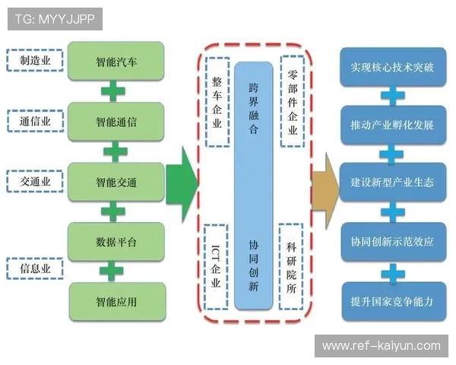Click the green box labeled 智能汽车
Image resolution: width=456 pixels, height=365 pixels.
click(116, 59)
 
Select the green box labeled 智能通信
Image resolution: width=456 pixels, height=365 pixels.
click(116, 121)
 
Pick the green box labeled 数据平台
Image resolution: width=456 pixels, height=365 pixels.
click(116, 242)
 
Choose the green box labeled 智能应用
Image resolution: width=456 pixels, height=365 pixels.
click(116, 301)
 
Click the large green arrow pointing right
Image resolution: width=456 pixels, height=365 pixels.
click(181, 182)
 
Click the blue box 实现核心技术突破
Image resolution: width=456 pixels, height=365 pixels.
click(391, 67)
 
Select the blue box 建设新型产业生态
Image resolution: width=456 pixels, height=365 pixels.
click(391, 182)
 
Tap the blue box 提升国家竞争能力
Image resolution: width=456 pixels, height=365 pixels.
click(391, 301)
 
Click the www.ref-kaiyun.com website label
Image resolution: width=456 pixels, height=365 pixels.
click(381, 346)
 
